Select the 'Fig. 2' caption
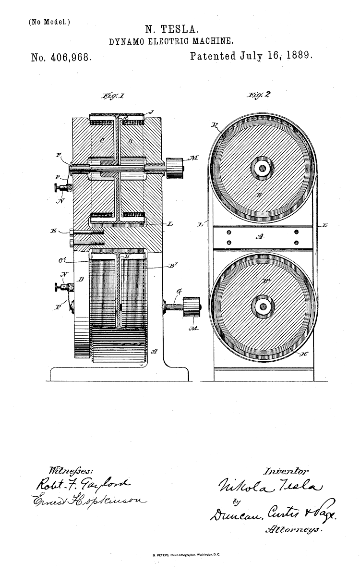click(x=259, y=95)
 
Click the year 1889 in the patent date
click(x=297, y=56)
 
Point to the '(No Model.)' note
click(x=43, y=22)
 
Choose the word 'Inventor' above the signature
click(x=287, y=471)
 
